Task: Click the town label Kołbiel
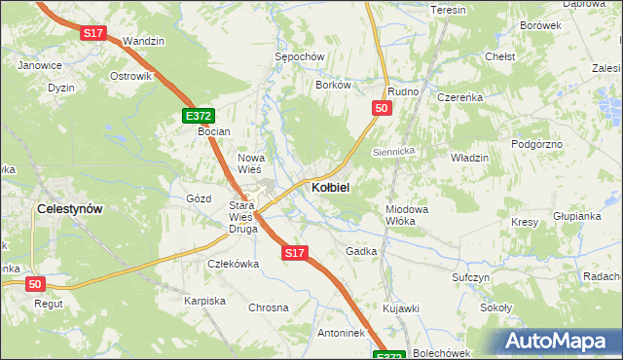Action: pos(330,186)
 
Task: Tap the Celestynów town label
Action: pos(69,208)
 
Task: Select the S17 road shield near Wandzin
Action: pos(92,33)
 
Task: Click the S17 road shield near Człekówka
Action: pos(296,253)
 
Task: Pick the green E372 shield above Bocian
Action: pos(197,116)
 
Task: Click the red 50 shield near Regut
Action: pos(36,283)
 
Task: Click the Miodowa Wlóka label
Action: pos(407,215)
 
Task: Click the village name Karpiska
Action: pos(204,301)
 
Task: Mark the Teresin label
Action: pos(448,10)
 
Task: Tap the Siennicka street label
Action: pos(395,153)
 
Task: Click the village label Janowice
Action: pos(40,65)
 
